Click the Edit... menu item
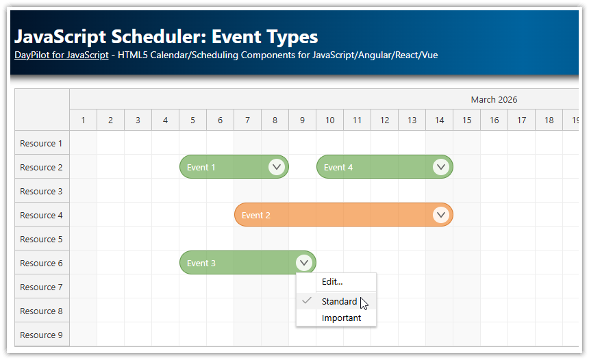332,282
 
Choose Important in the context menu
341,318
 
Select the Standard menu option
339,301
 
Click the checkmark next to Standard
307,300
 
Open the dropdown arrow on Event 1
277,167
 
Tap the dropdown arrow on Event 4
441,167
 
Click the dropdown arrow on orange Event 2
441,215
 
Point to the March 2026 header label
494,99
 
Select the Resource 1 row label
41,144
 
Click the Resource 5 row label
41,240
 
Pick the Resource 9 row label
41,335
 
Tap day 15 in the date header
466,120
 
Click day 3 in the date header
138,120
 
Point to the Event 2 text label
256,216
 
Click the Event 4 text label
338,168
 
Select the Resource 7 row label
41,287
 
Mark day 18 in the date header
549,120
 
